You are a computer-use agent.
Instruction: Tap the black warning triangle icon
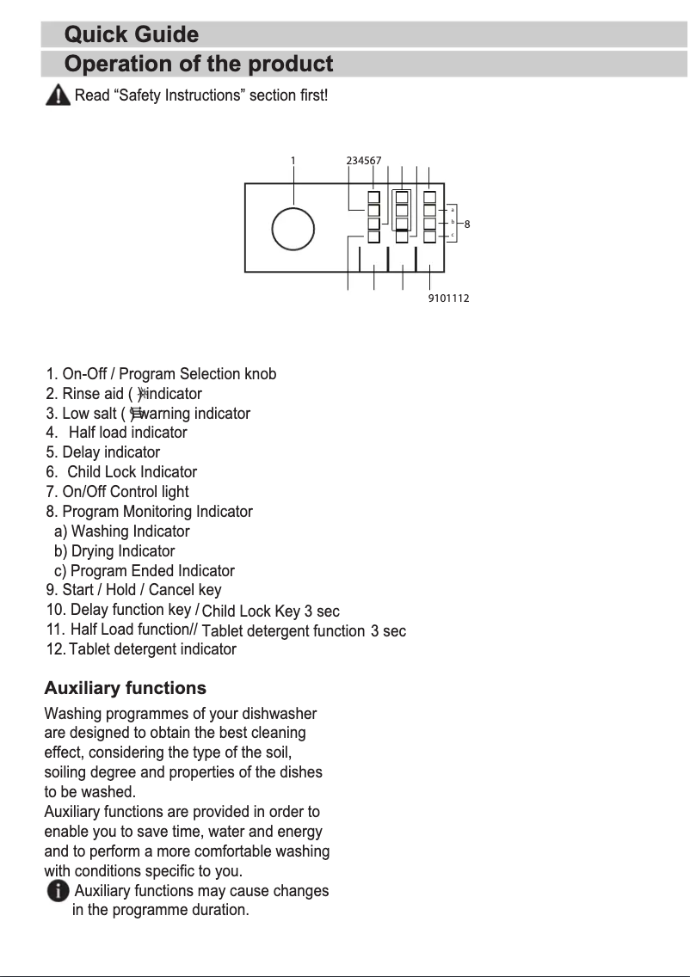click(x=57, y=95)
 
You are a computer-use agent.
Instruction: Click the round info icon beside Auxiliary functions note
click(x=58, y=892)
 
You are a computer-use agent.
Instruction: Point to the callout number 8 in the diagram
click(x=466, y=224)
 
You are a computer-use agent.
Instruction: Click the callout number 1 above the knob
click(x=293, y=161)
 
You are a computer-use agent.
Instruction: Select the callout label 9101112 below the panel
click(x=448, y=298)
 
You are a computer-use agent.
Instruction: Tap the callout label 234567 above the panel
click(x=363, y=161)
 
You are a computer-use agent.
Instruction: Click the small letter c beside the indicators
click(x=453, y=234)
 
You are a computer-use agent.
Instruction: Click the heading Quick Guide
click(x=132, y=35)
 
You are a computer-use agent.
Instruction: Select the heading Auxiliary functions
click(x=125, y=688)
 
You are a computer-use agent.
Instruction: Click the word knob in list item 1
click(x=261, y=374)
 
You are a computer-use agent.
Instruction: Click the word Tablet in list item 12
click(x=89, y=649)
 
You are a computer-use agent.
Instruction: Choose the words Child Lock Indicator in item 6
click(x=132, y=472)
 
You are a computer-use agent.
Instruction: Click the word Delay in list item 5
click(x=81, y=452)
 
